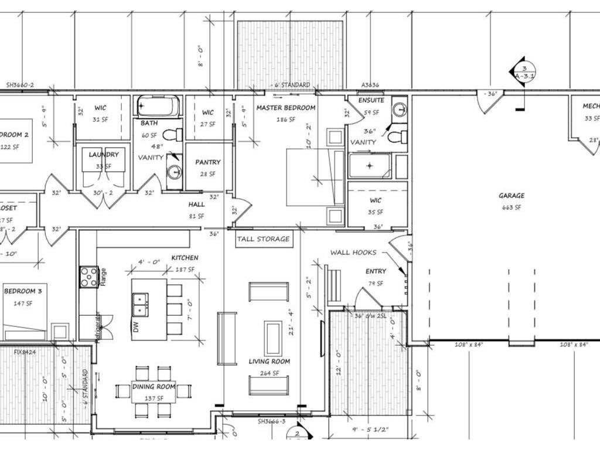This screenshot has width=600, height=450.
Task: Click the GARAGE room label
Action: pyautogui.click(x=511, y=196)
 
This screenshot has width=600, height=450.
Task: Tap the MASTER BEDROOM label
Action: pyautogui.click(x=285, y=108)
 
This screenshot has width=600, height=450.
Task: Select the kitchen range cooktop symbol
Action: pyautogui.click(x=89, y=277)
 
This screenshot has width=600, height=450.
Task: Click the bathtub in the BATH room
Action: pyautogui.click(x=158, y=107)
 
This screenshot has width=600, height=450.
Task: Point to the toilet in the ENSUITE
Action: pyautogui.click(x=398, y=137)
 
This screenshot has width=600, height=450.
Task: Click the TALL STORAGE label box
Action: pyautogui.click(x=263, y=239)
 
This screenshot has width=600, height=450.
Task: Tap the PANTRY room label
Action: pyautogui.click(x=207, y=162)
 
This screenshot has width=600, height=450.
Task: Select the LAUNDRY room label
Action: pyautogui.click(x=104, y=155)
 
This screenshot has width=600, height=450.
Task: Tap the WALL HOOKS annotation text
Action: pyautogui.click(x=353, y=253)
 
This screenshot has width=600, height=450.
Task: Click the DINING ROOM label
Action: pyautogui.click(x=154, y=387)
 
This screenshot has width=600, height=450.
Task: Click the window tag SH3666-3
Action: pyautogui.click(x=271, y=421)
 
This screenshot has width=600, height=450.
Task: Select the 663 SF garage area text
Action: pyautogui.click(x=511, y=207)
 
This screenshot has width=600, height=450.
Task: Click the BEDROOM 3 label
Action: pyautogui.click(x=25, y=291)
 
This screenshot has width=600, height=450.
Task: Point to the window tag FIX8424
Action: pyautogui.click(x=26, y=352)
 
